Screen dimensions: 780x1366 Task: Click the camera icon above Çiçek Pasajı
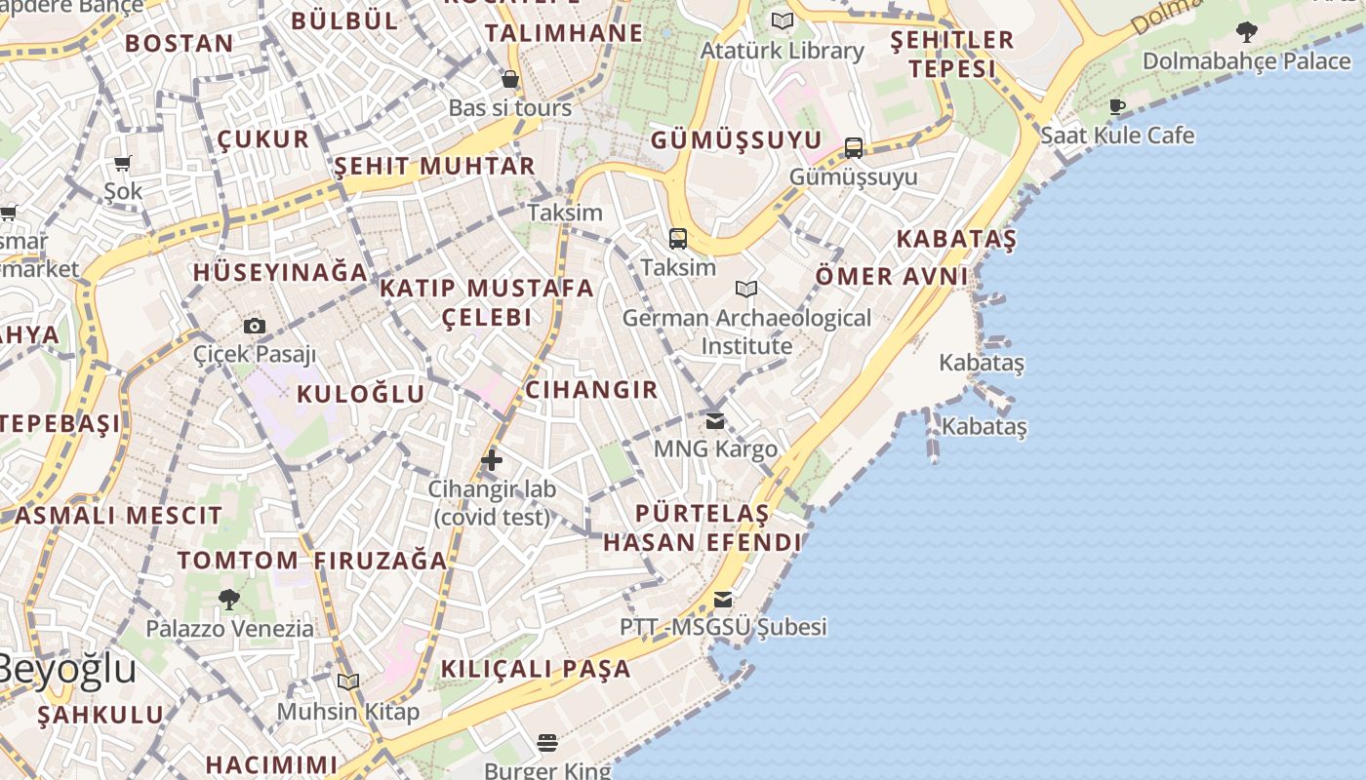[x=255, y=326]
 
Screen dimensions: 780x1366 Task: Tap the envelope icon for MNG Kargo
[x=715, y=420]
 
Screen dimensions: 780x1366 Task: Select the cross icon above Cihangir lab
[x=492, y=460]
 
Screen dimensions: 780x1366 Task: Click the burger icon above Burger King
[x=546, y=744]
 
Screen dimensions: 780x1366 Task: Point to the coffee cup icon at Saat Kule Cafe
[x=1117, y=106]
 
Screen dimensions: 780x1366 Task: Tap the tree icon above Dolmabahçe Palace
[x=1246, y=32]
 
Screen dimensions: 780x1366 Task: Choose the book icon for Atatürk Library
[x=783, y=20]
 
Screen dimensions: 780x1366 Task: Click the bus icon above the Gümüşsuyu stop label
[x=854, y=148]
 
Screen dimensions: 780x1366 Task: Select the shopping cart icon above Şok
[x=123, y=163]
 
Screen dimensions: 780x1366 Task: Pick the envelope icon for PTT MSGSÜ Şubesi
[x=723, y=599]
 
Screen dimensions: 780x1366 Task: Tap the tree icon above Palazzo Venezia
[x=229, y=600]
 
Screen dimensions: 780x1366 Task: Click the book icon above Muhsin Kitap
[x=348, y=682]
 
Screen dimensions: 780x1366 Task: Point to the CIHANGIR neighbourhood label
[x=592, y=390]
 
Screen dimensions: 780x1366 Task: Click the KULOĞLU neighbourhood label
[x=361, y=394]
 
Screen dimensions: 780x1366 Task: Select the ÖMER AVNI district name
[x=892, y=276]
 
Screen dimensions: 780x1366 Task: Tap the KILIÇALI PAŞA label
[x=537, y=669]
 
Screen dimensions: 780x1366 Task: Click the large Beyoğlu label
[x=66, y=670]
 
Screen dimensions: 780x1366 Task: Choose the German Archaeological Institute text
[x=746, y=331]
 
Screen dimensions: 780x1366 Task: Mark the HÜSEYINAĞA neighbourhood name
[x=281, y=272]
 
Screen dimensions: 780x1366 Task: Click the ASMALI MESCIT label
[x=119, y=515]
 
